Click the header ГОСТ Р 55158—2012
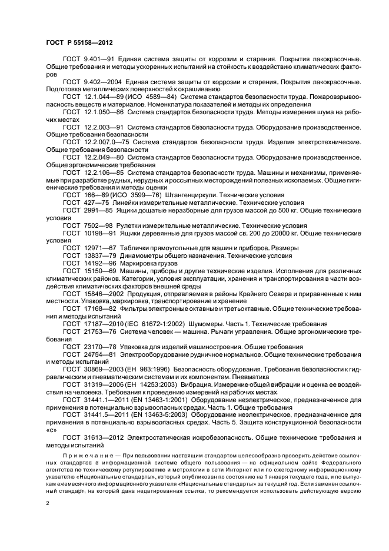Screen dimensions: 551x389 pyautogui.click(x=79, y=44)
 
